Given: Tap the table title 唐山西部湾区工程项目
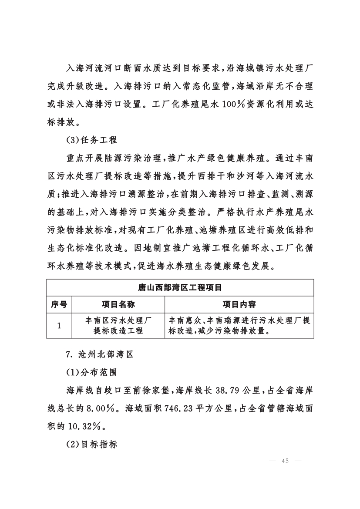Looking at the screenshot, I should [180, 288].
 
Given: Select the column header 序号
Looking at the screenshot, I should [59, 304].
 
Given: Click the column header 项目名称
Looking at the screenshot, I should [118, 304].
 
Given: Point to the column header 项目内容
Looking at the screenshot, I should [239, 304].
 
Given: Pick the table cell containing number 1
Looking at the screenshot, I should [59, 325].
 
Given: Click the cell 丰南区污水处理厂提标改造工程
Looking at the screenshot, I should [118, 325].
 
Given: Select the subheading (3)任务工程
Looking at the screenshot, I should [91, 141].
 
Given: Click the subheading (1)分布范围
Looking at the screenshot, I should [91, 373].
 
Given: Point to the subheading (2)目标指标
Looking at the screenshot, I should [91, 446].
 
